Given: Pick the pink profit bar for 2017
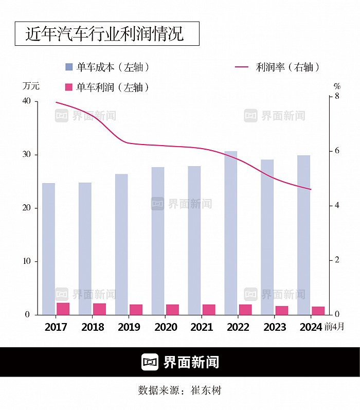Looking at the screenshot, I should click(x=63, y=309).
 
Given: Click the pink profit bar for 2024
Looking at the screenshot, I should click(x=318, y=310).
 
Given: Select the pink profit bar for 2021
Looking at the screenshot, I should click(x=209, y=309).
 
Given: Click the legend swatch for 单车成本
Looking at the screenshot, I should click(x=69, y=67).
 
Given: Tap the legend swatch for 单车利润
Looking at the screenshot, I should click(x=69, y=87).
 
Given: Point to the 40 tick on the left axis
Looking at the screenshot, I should click(x=26, y=101).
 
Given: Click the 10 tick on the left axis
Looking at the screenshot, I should click(x=26, y=261).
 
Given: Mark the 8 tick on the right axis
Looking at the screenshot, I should click(x=337, y=96).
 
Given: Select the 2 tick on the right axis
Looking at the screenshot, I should click(x=337, y=260).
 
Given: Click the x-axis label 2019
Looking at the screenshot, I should click(x=129, y=327).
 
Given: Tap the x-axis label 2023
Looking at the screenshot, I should click(x=275, y=327).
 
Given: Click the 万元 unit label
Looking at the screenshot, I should click(x=30, y=85).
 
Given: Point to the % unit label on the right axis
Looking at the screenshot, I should click(x=337, y=86).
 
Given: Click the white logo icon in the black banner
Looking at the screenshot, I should click(x=150, y=362).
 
